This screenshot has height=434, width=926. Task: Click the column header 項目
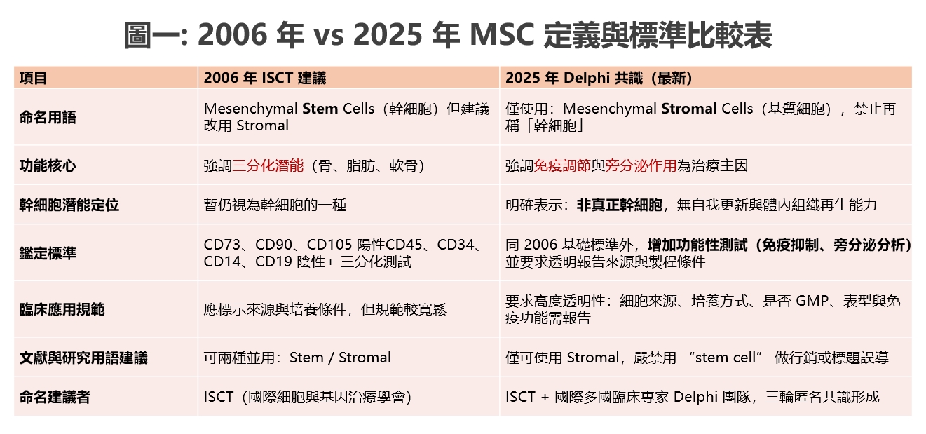tap(33, 78)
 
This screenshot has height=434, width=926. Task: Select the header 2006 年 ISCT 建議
tap(264, 78)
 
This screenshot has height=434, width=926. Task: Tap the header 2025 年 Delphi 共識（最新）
tap(599, 78)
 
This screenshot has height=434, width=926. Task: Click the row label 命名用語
tap(48, 117)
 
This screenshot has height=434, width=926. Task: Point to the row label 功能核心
tap(48, 165)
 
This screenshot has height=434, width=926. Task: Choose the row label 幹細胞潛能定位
tap(69, 205)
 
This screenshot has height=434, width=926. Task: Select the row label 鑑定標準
tap(48, 253)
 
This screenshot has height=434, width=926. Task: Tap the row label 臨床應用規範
tap(62, 309)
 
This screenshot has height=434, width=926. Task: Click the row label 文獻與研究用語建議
tap(83, 358)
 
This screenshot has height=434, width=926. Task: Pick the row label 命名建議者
tap(55, 397)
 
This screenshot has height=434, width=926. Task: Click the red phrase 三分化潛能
tap(268, 165)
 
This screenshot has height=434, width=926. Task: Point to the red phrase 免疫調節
tap(562, 165)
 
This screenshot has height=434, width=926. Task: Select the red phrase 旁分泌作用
tap(641, 165)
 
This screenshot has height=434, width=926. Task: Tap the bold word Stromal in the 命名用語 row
tap(689, 109)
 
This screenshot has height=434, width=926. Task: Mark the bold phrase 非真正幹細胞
tap(619, 205)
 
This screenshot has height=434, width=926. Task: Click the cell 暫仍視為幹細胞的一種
tap(275, 205)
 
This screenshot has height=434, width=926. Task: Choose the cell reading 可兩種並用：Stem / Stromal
tap(297, 358)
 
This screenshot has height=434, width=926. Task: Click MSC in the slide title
tap(502, 35)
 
